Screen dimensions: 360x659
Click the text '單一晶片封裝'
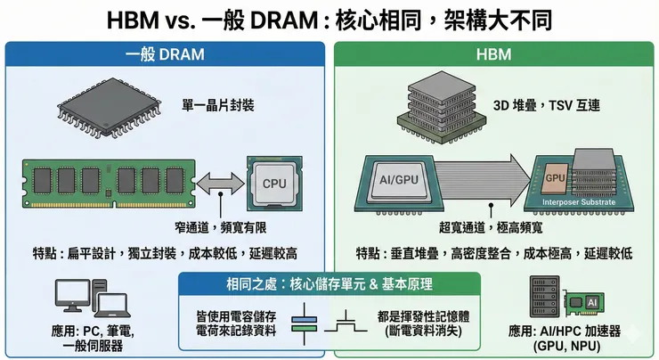218,106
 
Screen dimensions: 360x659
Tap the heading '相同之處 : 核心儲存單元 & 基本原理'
329,284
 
